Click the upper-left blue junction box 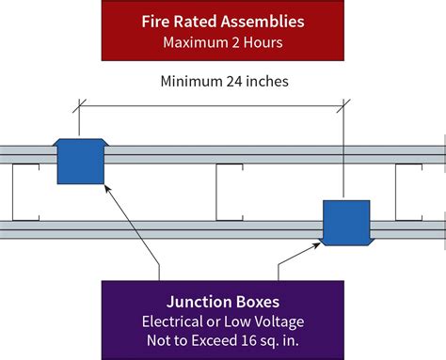click(x=80, y=162)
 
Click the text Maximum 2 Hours click(x=222, y=42)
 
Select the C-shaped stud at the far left click(x=24, y=192)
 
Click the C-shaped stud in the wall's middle click(x=231, y=192)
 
